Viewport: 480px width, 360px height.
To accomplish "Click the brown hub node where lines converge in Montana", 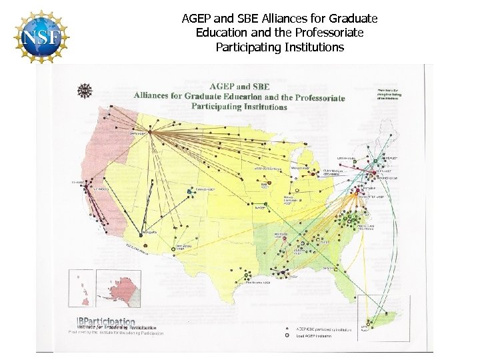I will (150, 132).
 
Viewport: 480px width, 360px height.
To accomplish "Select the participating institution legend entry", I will (319, 329).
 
